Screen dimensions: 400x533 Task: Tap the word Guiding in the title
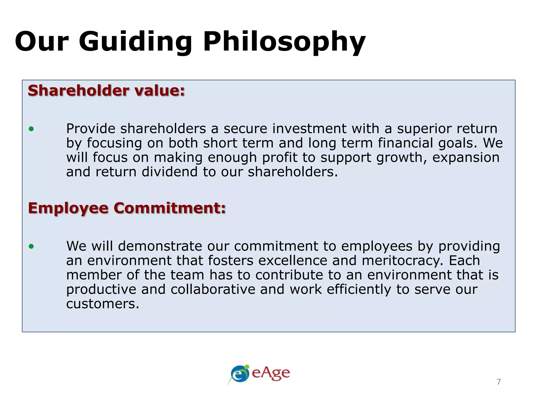pos(135,42)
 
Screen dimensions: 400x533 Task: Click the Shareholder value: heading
pos(106,91)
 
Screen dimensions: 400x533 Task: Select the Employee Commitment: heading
pos(127,208)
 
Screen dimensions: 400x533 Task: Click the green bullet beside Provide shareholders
pos(31,129)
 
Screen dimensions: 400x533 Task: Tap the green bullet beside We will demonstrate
pos(31,246)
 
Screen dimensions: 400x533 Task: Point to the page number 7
pos(499,382)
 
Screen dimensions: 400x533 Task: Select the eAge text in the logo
pos(271,373)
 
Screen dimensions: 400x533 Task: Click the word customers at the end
pos(103,304)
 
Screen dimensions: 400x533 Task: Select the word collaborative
pos(213,289)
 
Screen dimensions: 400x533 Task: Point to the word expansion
pos(466,158)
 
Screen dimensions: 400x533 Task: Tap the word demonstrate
pos(160,246)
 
